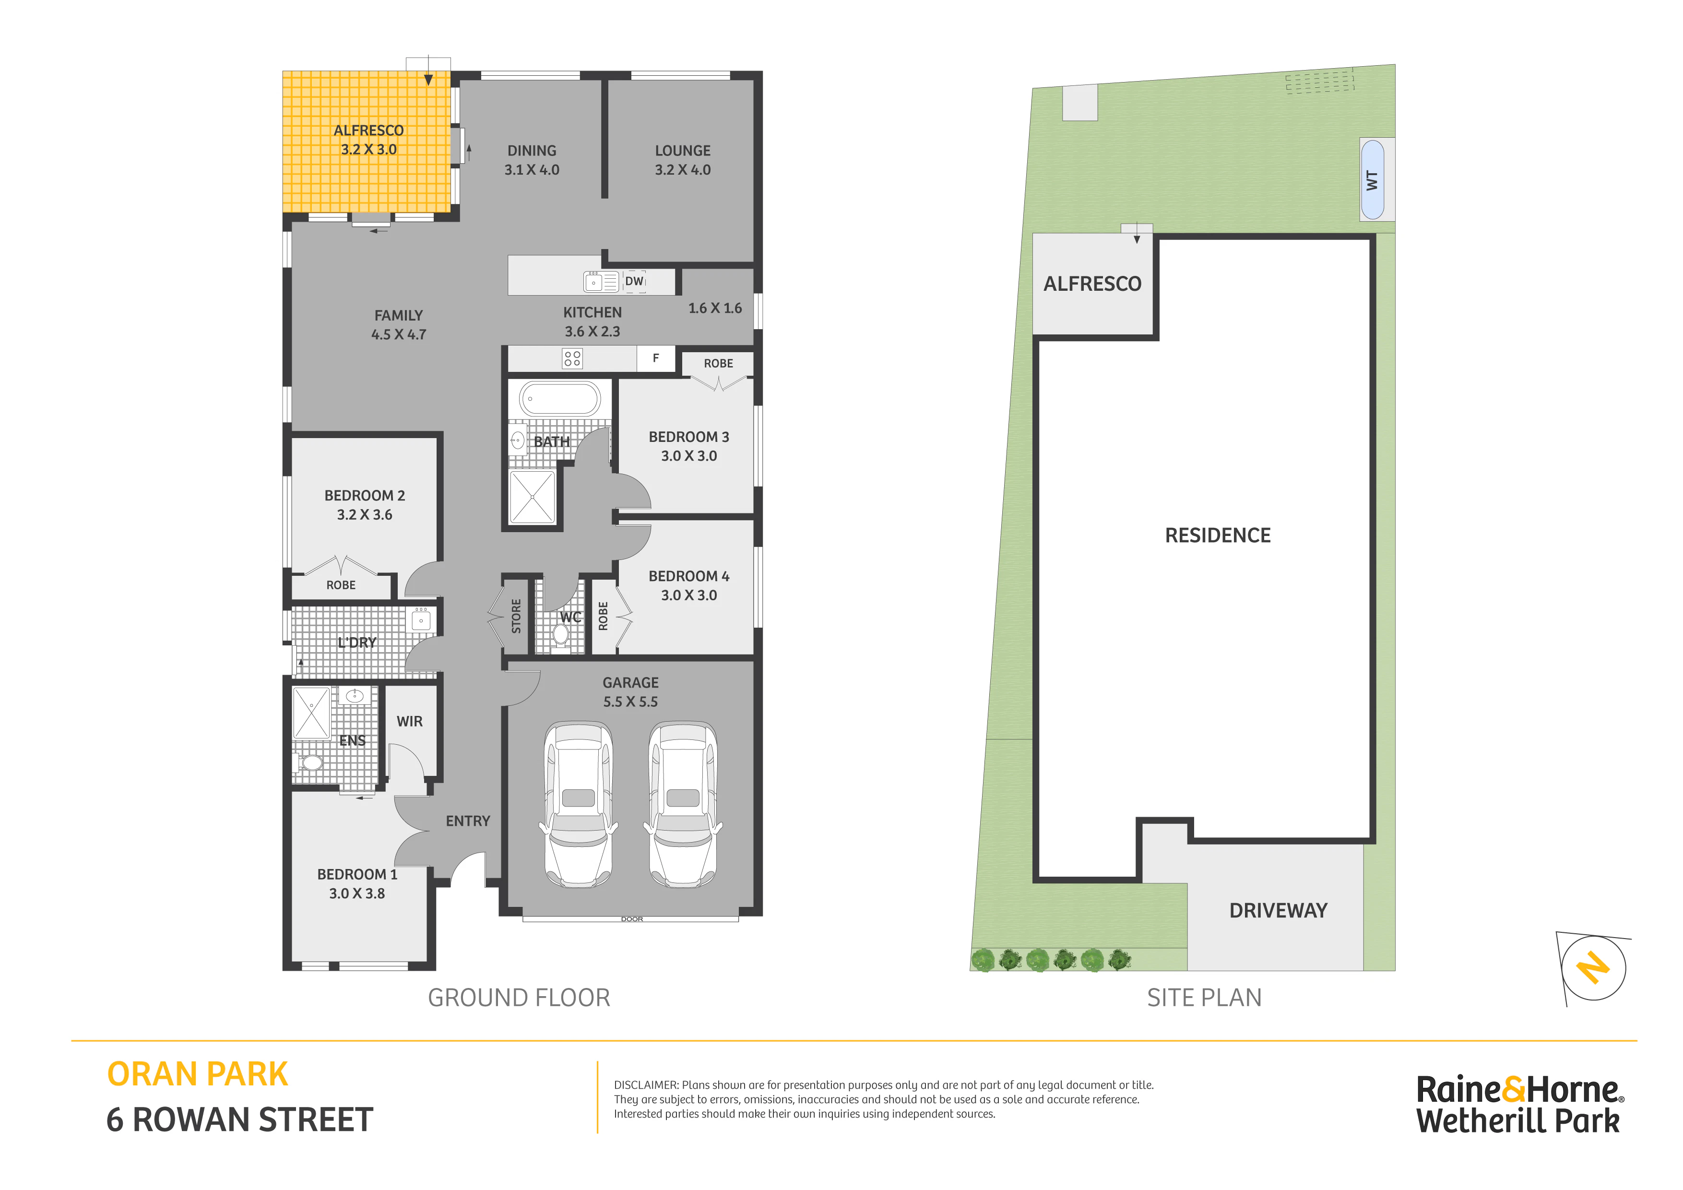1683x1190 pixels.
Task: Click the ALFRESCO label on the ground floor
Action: point(369,131)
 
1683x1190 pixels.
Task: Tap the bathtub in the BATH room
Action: point(560,400)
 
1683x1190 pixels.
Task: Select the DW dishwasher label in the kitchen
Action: point(634,281)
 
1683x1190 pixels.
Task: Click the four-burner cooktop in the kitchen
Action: point(572,358)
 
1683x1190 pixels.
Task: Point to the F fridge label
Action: point(656,358)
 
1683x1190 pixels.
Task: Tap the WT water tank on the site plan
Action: point(1372,179)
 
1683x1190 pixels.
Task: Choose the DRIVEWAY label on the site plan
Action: point(1279,911)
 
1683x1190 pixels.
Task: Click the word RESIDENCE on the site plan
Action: point(1218,535)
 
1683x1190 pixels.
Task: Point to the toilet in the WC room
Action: point(561,635)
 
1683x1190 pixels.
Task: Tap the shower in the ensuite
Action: point(311,713)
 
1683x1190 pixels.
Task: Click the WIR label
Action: point(410,722)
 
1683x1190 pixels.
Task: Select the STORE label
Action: point(516,616)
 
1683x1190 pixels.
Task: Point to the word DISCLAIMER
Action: point(646,1085)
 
